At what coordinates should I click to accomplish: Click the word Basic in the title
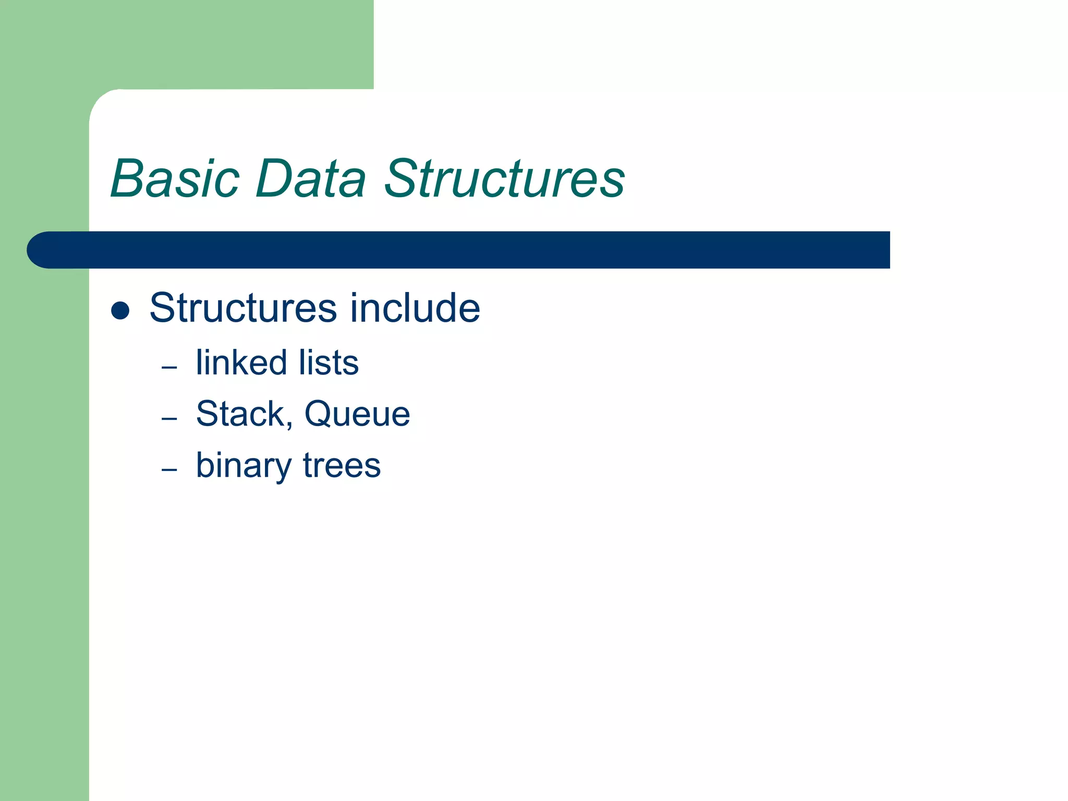[175, 179]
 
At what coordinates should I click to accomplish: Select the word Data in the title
[311, 179]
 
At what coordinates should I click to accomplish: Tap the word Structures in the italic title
[504, 179]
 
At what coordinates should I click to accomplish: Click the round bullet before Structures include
[120, 310]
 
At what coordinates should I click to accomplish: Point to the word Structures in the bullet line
[243, 308]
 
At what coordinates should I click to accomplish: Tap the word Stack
[240, 414]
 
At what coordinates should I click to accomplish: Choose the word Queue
[357, 414]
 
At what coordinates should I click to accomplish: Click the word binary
[244, 466]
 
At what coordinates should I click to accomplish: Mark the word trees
[342, 466]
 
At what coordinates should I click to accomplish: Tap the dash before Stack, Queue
[169, 419]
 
